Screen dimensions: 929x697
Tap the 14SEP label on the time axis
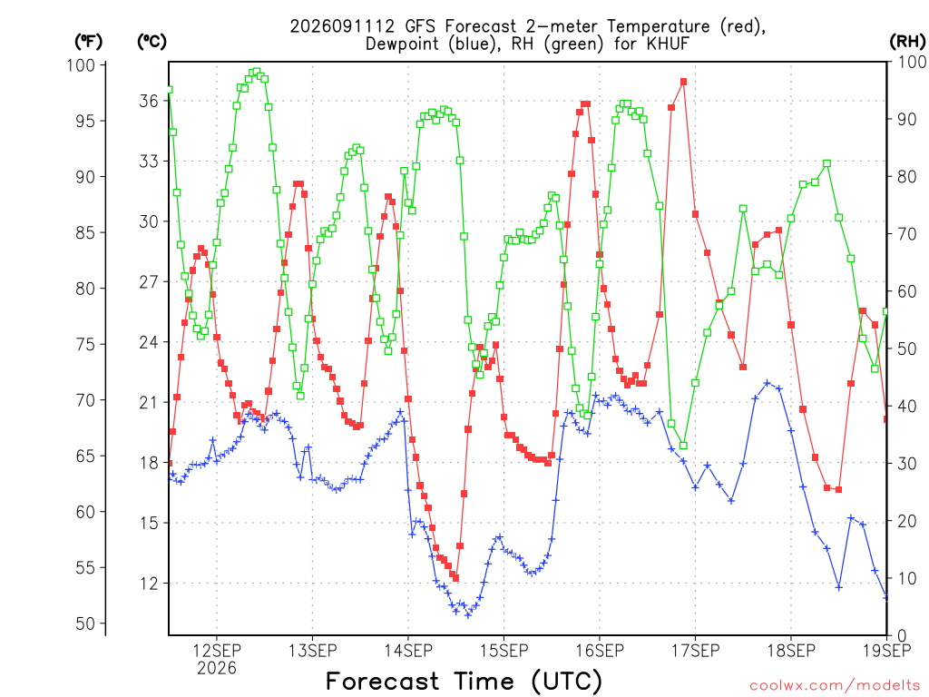408,651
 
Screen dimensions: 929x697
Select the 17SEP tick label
695,651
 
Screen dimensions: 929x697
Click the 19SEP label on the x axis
887,651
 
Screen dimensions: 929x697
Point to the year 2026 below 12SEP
216,669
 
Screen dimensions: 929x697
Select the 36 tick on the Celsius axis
149,101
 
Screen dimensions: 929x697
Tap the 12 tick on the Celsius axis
149,584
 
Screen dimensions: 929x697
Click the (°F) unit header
88,42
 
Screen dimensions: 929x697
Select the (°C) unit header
152,42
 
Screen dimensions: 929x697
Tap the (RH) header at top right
907,42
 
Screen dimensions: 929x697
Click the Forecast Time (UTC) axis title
464,682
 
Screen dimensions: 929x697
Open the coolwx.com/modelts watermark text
835,686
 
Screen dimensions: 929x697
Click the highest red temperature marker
683,82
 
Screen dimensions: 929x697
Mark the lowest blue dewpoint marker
468,615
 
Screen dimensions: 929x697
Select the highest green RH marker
257,72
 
